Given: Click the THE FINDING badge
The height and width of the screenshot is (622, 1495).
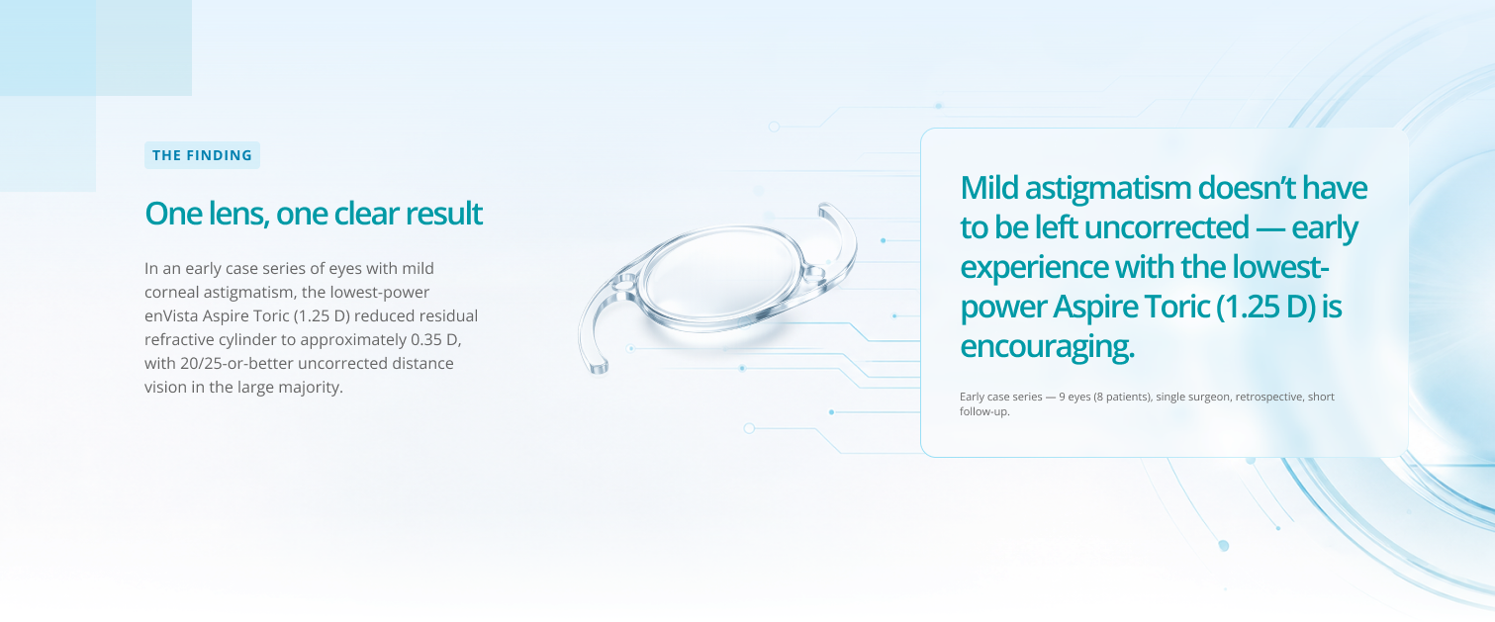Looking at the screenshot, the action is coord(202,155).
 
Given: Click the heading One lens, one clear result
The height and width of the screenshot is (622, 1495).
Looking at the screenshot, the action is coord(313,214).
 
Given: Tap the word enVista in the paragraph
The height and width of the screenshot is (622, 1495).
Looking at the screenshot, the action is coord(171,315).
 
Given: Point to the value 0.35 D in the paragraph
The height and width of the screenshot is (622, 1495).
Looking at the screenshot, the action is coord(435,340).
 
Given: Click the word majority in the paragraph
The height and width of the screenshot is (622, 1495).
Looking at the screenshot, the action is coord(311,388).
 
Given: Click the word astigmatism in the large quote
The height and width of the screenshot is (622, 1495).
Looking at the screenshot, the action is coord(1108,189).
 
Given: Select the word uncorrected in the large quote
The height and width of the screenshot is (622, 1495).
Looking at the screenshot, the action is coord(1167,227).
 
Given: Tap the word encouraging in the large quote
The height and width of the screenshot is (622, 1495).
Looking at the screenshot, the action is coord(1047,347).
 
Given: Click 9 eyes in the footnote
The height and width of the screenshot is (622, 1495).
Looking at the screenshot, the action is coord(1075,398).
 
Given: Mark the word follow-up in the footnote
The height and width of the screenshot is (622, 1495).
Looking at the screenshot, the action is coord(984,411).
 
